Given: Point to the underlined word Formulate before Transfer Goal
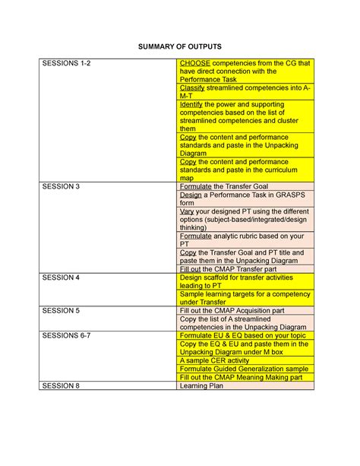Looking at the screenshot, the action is click(196, 186).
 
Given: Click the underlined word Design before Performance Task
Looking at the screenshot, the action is click(191, 195).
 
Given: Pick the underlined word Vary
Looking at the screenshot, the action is click(187, 210).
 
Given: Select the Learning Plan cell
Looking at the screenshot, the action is click(201, 386).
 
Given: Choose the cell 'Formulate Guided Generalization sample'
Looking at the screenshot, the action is click(243, 369).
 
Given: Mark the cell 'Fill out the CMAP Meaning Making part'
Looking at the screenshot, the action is click(241, 378).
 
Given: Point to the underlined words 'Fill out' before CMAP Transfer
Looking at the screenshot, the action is click(191, 269).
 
